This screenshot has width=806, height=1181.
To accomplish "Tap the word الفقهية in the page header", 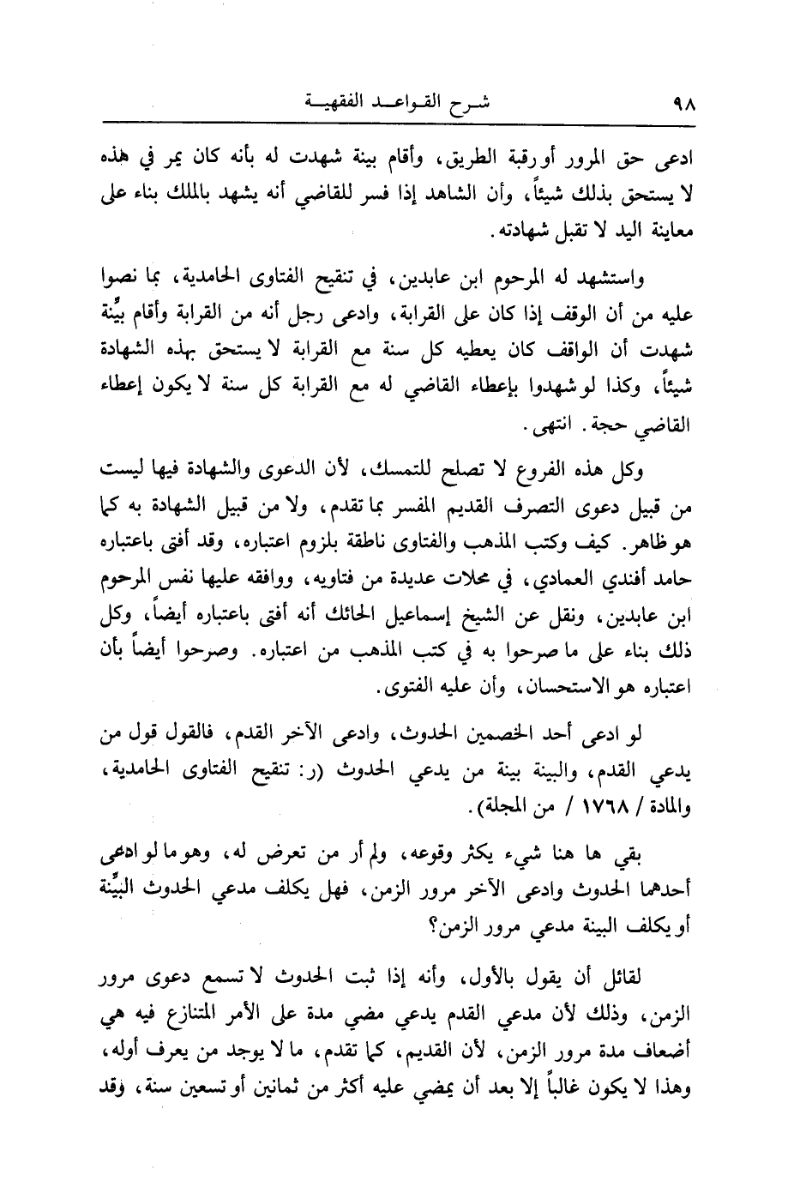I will [x=326, y=105].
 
